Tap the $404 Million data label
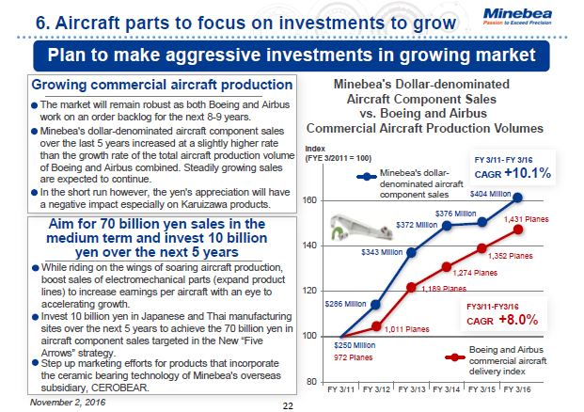coord(490,193)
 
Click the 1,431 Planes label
coord(526,219)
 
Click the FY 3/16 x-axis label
coord(518,388)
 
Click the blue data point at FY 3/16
coord(518,198)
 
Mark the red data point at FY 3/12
coord(376,326)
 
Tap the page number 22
coord(288,404)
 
